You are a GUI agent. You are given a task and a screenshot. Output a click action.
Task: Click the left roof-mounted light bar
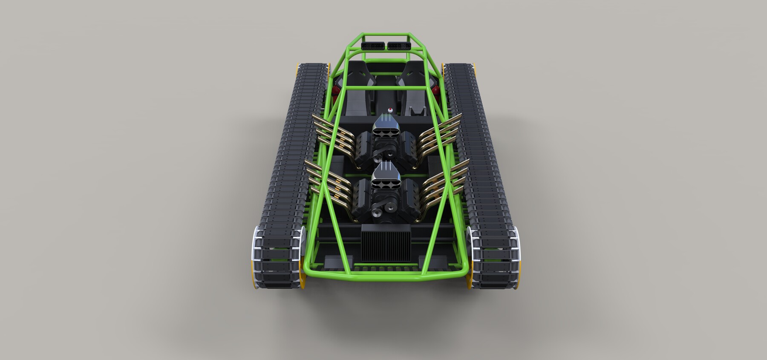(373, 45)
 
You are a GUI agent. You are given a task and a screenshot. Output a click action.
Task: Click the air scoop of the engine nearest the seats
(385, 127)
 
